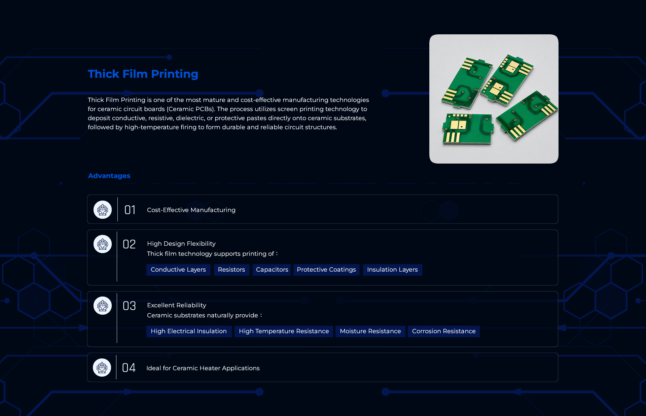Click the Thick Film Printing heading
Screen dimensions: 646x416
click(143, 74)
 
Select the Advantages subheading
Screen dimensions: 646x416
click(109, 176)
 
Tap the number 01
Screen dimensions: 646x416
click(130, 210)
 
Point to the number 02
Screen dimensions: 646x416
click(129, 244)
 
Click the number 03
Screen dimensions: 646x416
click(129, 306)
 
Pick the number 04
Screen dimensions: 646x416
click(129, 368)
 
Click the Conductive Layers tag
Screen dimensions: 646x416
click(178, 270)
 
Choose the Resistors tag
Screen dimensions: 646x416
click(231, 270)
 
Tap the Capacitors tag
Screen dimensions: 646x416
click(272, 270)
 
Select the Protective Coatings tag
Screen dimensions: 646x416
click(326, 270)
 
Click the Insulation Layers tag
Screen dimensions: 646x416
click(392, 270)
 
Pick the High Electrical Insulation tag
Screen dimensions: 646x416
click(189, 331)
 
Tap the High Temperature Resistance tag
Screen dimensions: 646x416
click(284, 331)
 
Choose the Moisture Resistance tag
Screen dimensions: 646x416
click(370, 331)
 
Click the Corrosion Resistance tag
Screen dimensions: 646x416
click(444, 331)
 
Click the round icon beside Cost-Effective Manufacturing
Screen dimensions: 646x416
click(103, 210)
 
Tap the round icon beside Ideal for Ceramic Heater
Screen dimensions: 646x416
click(102, 368)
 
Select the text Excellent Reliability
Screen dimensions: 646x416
click(177, 305)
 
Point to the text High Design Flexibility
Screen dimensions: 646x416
click(181, 244)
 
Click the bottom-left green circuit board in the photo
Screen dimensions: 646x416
click(467, 129)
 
